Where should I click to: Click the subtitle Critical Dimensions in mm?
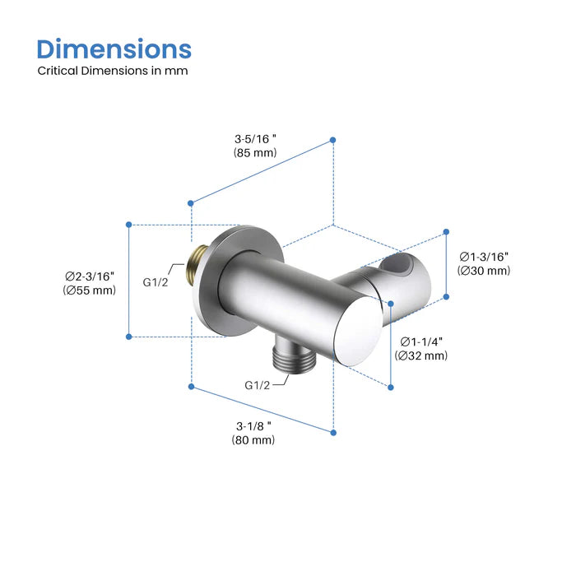tap(113, 71)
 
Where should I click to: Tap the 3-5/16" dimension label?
tap(254, 138)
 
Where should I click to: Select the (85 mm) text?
tap(254, 153)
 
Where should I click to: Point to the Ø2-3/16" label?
tap(91, 276)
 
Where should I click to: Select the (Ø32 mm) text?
tap(421, 355)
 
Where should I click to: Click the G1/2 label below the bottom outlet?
tap(258, 385)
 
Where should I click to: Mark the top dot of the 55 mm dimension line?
tap(129, 224)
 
